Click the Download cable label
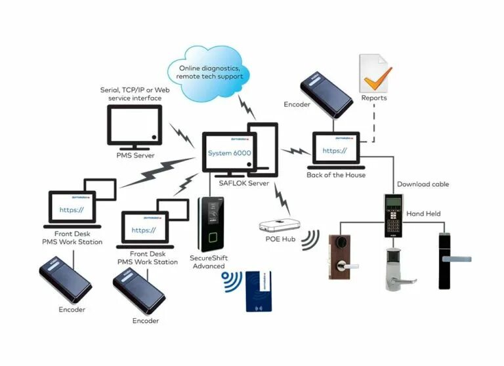click(x=423, y=184)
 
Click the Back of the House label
click(x=335, y=175)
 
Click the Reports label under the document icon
click(x=374, y=98)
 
